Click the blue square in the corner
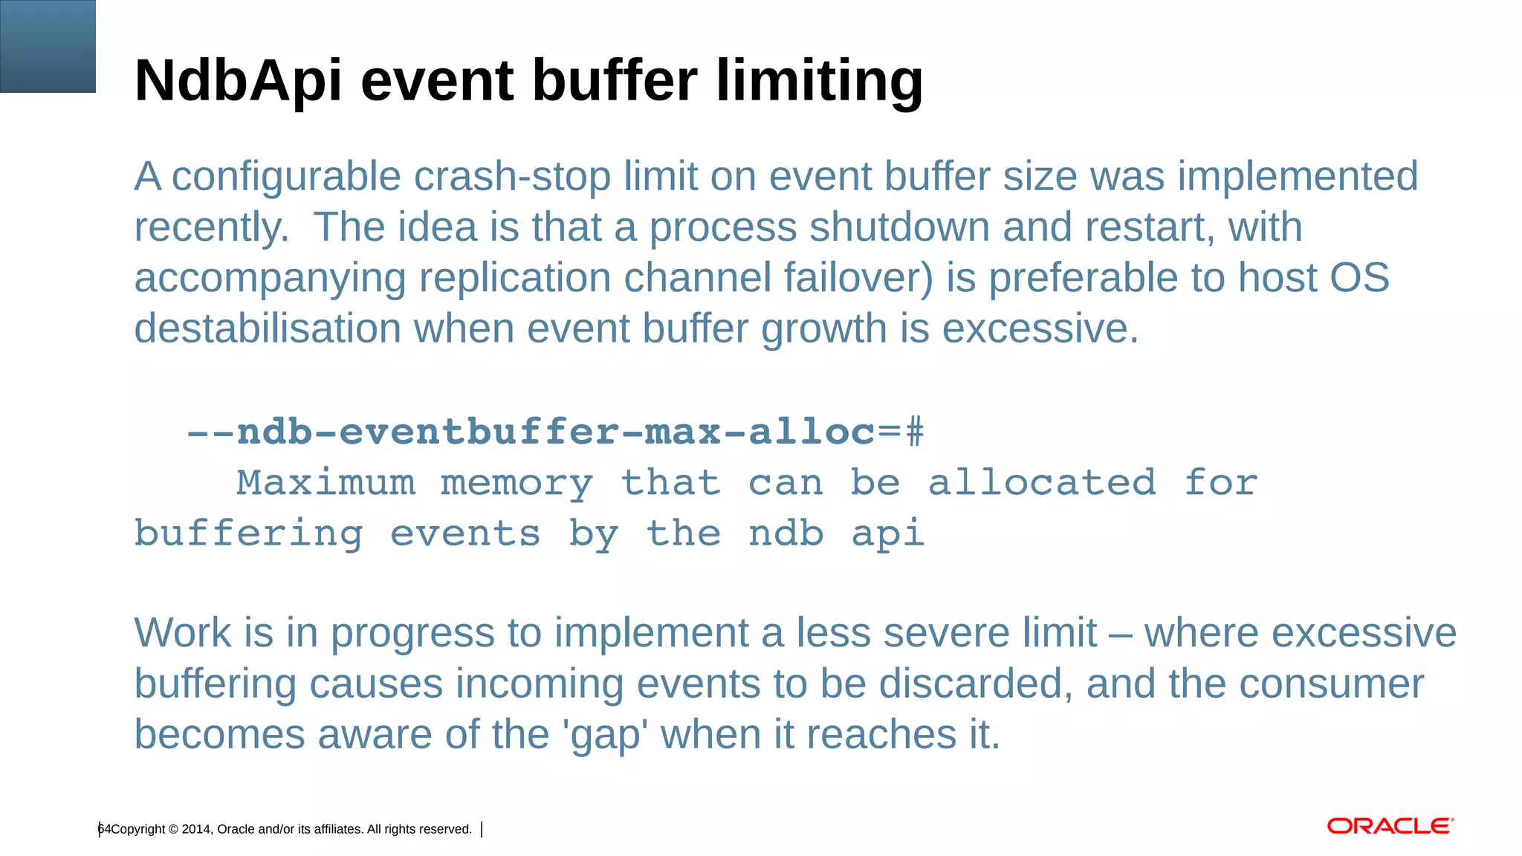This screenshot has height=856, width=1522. (x=48, y=46)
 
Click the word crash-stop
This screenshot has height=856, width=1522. (x=512, y=177)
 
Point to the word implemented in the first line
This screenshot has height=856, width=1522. (x=1298, y=177)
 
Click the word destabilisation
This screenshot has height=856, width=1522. (x=268, y=328)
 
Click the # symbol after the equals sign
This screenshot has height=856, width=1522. (x=915, y=432)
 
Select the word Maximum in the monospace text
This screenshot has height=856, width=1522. (x=326, y=483)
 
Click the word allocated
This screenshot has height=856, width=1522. (x=1042, y=483)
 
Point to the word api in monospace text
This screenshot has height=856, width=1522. (x=888, y=534)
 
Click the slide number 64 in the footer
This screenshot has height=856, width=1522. (x=104, y=829)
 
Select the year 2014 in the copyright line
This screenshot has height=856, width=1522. (x=196, y=829)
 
